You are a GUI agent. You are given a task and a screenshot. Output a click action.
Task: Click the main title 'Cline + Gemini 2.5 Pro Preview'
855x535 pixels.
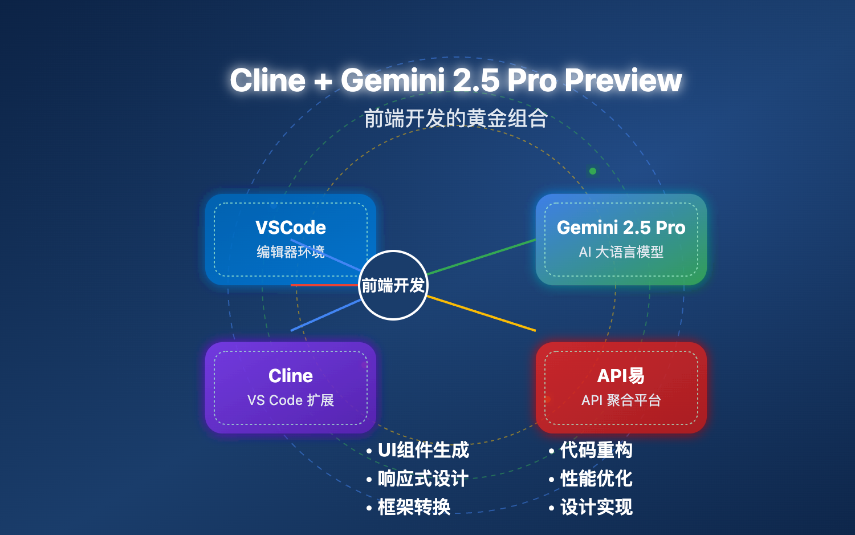tap(455, 80)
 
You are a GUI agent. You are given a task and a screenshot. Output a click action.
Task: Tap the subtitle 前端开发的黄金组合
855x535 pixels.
tap(455, 119)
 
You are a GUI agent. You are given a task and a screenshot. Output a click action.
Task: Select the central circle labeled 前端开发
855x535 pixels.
tap(393, 285)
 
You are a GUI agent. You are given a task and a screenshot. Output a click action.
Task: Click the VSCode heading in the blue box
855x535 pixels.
tap(291, 228)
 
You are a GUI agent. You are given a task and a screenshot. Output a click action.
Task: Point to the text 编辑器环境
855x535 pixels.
tap(291, 252)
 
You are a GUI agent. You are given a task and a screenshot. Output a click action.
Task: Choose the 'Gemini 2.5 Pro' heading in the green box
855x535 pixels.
tap(621, 228)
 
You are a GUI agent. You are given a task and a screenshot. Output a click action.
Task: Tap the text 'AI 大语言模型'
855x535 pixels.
tap(621, 252)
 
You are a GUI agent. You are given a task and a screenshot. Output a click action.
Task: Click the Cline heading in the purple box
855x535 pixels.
tap(291, 376)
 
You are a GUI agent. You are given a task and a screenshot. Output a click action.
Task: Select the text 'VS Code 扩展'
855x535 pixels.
tap(291, 400)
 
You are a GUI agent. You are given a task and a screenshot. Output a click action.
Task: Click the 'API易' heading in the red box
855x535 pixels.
tap(621, 376)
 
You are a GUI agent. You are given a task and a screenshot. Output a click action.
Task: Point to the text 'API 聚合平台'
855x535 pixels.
tap(621, 400)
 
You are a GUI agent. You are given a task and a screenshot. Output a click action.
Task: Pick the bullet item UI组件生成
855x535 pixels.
tap(423, 450)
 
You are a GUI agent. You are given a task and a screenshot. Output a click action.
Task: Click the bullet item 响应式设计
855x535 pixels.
tap(423, 479)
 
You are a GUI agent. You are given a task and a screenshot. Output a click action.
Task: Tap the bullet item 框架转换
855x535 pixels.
tap(414, 507)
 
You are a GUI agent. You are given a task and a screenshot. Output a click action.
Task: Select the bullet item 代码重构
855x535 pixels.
tap(596, 450)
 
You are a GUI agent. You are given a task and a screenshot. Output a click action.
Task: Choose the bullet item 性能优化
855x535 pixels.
tap(596, 479)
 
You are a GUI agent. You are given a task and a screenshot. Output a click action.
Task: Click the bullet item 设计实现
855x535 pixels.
tap(596, 507)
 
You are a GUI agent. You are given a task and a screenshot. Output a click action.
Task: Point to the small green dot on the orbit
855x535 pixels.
tap(593, 171)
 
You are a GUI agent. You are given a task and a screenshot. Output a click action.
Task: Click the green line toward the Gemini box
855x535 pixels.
tap(482, 257)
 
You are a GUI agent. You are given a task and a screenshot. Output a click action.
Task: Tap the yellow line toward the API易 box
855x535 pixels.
tap(482, 313)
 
